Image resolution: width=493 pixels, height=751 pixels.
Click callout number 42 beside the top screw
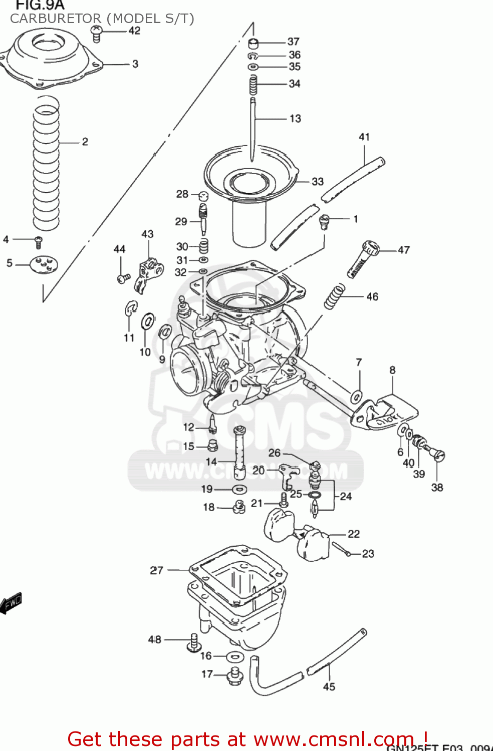point(134,31)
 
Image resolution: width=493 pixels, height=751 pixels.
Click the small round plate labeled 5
point(44,264)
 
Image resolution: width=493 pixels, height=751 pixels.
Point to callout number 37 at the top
point(293,42)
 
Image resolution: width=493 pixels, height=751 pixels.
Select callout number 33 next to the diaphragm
point(318,181)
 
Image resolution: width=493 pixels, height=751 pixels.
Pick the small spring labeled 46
point(335,296)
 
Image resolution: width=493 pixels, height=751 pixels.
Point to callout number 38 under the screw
point(437,487)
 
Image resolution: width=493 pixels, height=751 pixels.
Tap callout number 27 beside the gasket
point(156,570)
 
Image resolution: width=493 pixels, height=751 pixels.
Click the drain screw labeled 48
point(193,643)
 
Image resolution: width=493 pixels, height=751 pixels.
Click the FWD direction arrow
point(11,603)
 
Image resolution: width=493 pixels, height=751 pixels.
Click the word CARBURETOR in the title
point(55,19)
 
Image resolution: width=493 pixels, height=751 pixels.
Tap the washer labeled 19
point(239,489)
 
